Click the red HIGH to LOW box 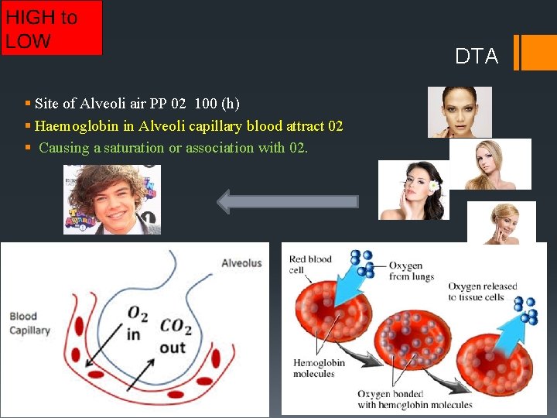pos(51,28)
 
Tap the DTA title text pos(477,57)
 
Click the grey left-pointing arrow pos(288,202)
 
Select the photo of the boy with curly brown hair pos(111,199)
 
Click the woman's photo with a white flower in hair pos(413,190)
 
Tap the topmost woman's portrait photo pos(460,111)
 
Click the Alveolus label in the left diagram pos(241,263)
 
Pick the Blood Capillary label pos(29,323)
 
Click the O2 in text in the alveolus pos(136,320)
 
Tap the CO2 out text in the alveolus pos(176,336)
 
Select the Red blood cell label pos(309,265)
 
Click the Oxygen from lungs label pos(411,271)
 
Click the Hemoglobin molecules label pos(314,368)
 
